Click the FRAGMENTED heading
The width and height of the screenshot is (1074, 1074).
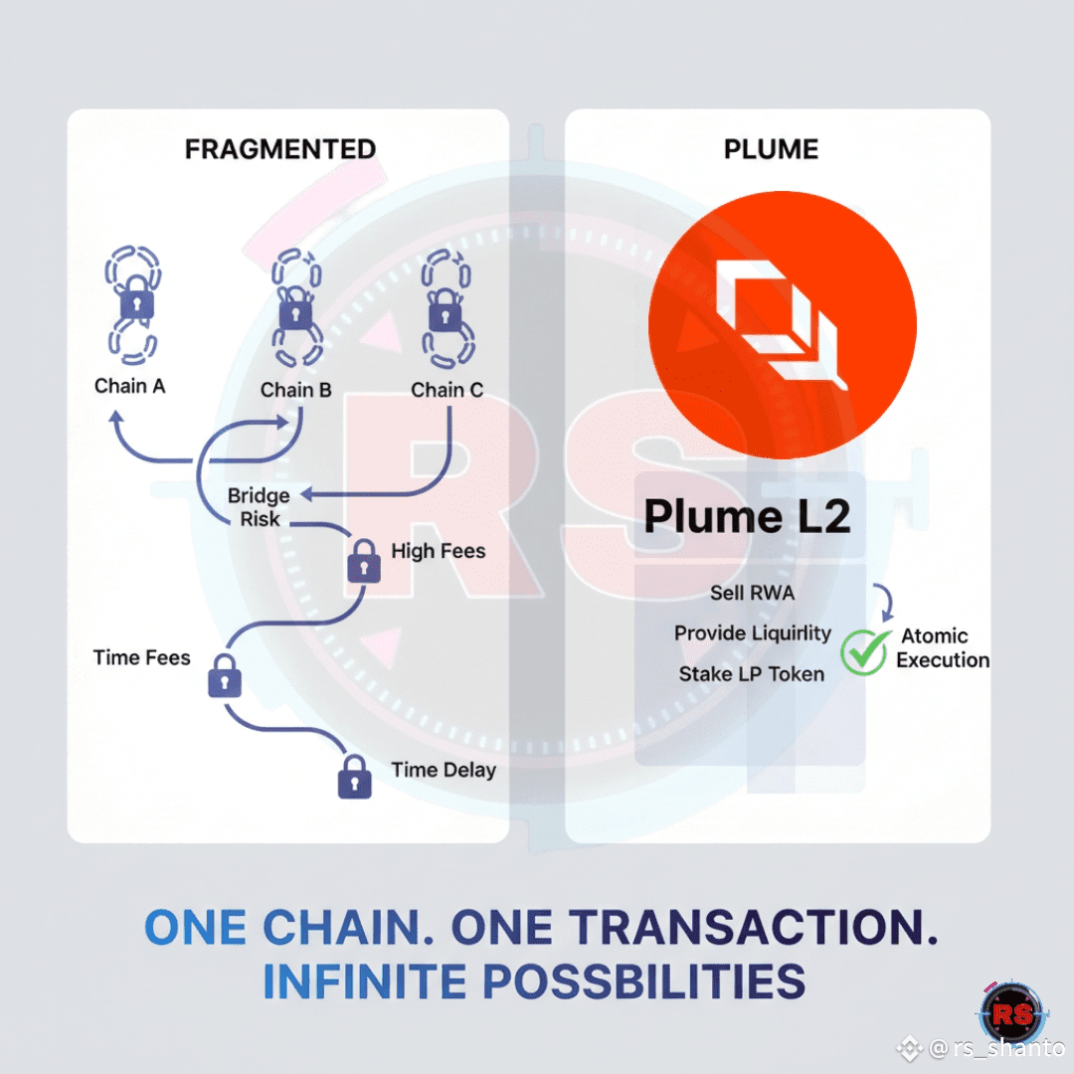[x=280, y=148]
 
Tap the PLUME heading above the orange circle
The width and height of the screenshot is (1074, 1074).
[x=771, y=148]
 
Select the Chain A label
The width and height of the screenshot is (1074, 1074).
[x=129, y=386]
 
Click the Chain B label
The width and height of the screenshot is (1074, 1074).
[x=296, y=390]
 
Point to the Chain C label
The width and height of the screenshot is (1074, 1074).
[x=447, y=390]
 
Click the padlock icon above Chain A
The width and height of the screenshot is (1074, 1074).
[x=137, y=298]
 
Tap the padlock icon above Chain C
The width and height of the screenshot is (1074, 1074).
[x=446, y=311]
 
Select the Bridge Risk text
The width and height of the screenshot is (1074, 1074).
[x=259, y=507]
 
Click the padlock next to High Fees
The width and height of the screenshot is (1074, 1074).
[x=364, y=561]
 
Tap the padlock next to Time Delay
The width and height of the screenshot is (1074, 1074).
[x=355, y=777]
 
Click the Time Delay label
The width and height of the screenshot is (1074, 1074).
[x=444, y=770]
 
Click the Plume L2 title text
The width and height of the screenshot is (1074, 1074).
[x=747, y=516]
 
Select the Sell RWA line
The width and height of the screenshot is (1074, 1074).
[x=752, y=593]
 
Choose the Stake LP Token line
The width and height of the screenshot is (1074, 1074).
[x=752, y=674]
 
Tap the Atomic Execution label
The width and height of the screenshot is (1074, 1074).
[x=943, y=648]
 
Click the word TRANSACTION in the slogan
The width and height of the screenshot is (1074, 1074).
[x=754, y=928]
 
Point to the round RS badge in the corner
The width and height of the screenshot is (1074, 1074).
[x=1012, y=1013]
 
